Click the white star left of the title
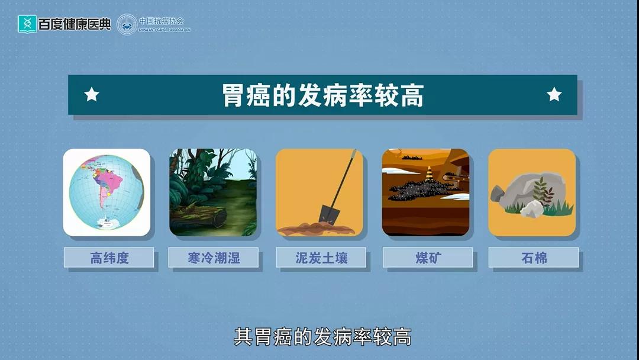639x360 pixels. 92,94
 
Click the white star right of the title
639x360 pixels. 554,94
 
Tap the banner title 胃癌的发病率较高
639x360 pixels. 323,95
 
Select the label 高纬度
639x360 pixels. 109,258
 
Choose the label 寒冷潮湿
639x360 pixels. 214,258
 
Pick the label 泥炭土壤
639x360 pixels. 321,258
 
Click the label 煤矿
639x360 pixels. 428,258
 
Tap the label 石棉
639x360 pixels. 534,258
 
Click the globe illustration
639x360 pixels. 106,192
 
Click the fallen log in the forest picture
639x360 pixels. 199,217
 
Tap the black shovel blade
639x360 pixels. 328,214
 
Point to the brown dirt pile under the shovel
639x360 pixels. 316,229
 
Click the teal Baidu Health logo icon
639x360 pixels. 27,24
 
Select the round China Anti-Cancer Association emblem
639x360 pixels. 127,24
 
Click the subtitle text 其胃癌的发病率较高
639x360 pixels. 322,337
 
